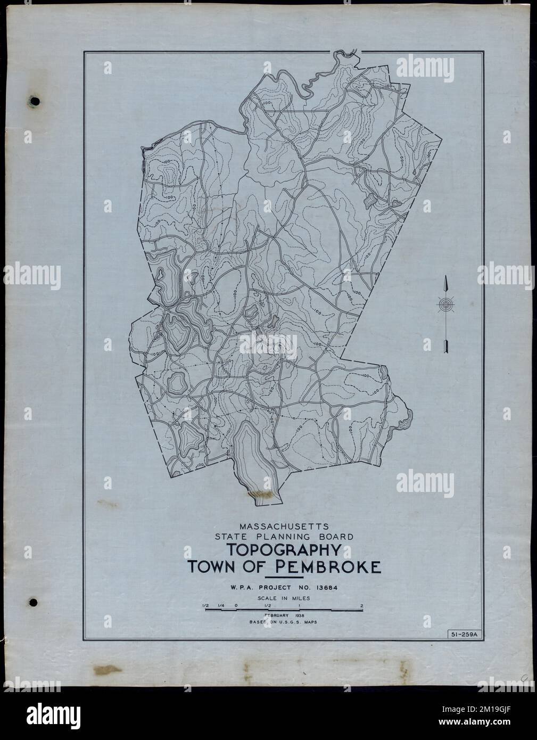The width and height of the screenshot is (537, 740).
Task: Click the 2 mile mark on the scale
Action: pyautogui.click(x=361, y=605)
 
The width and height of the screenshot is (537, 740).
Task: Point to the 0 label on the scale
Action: pyautogui.click(x=236, y=605)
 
